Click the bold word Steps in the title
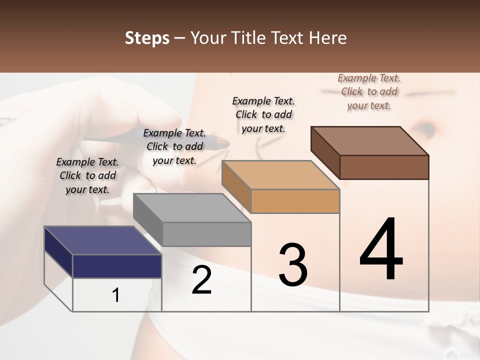point(147,38)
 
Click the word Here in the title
point(328,38)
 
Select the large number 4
point(381,250)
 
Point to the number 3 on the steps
point(292,265)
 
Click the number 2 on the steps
point(201,280)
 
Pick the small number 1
point(116,295)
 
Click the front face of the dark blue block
point(117,266)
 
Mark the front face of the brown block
point(384,167)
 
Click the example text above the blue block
point(87,175)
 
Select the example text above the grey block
point(174,146)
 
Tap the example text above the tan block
point(263,114)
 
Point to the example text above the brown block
point(369,91)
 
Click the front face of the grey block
point(206,234)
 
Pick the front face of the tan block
point(295,201)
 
